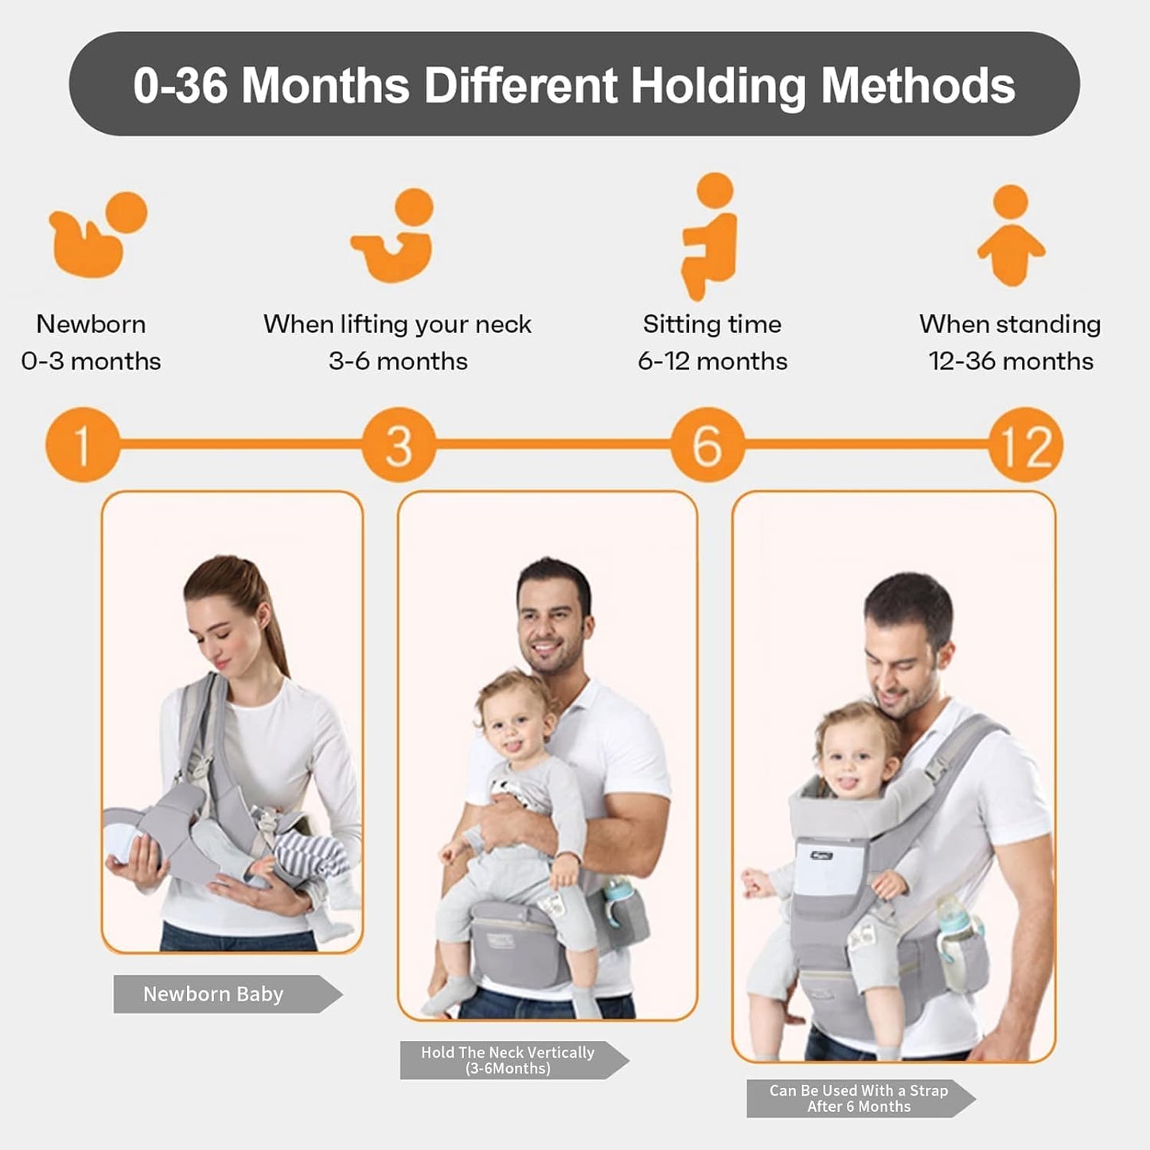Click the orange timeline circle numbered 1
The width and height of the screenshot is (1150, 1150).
point(82,444)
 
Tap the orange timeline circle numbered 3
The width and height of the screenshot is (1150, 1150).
point(399,444)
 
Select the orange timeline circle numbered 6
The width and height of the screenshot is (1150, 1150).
point(707,444)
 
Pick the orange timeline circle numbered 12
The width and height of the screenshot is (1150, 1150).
point(1025,444)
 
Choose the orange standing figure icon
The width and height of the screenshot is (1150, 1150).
point(1011,236)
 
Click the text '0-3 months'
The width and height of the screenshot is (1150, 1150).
point(91,361)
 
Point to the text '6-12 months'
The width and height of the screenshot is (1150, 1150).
point(712,361)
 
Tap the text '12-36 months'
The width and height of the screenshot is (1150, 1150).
point(1011,361)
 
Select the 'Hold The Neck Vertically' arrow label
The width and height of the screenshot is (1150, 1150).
point(509,1060)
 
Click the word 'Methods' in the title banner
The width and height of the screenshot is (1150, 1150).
point(918,85)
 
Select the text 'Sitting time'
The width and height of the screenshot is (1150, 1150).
point(712,324)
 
